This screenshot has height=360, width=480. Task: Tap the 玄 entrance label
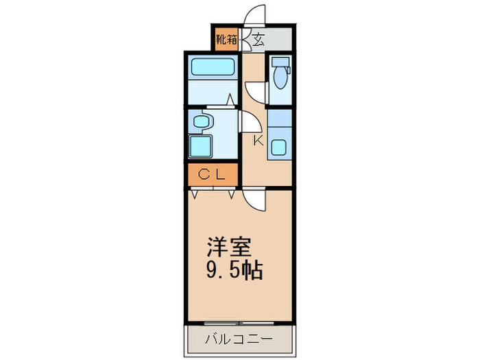[258, 40]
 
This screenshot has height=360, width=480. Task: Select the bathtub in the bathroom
[213, 68]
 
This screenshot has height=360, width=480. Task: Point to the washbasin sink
[201, 123]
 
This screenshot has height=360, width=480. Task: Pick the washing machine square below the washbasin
[202, 146]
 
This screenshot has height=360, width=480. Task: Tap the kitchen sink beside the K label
[280, 147]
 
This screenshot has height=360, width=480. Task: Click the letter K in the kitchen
[259, 142]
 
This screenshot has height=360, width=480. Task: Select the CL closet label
[212, 176]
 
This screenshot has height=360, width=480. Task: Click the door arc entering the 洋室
[255, 200]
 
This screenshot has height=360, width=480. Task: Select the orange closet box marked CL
[212, 176]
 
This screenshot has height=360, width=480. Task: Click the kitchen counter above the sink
[280, 120]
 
